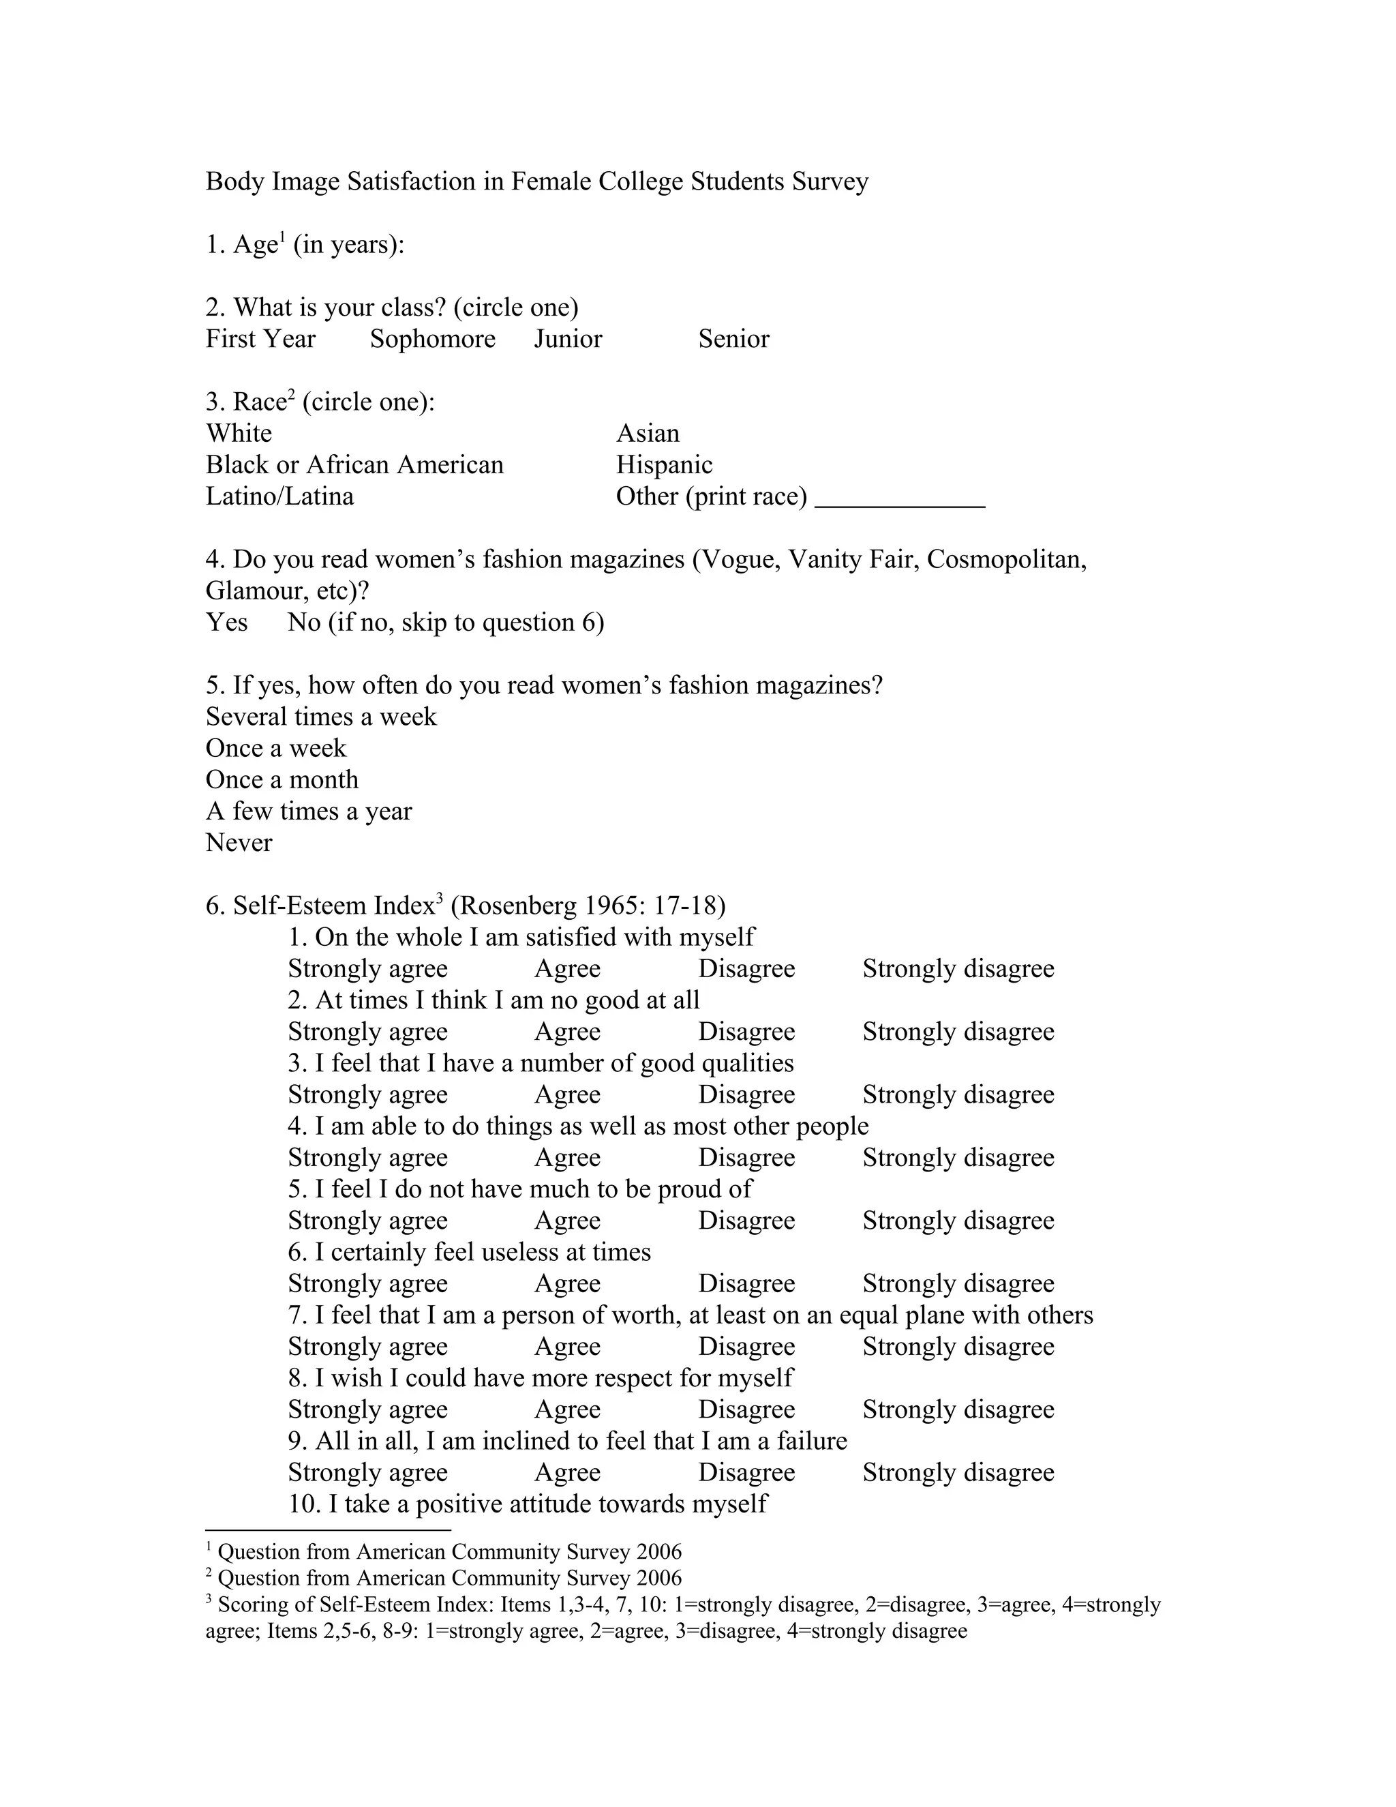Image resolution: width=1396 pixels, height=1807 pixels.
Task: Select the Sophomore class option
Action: (x=433, y=339)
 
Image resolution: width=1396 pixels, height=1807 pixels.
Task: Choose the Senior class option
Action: (x=733, y=339)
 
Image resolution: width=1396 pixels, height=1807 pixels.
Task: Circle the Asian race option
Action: (x=648, y=434)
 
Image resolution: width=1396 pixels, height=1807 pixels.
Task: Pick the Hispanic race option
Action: (x=664, y=465)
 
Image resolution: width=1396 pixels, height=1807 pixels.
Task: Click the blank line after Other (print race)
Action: (x=900, y=500)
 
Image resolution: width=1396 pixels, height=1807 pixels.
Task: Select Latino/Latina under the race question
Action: (x=279, y=496)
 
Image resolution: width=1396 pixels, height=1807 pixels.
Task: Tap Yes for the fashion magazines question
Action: (x=226, y=622)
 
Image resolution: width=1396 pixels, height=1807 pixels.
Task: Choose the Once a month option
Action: (x=282, y=779)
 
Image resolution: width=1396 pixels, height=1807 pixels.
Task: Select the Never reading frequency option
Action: (x=239, y=842)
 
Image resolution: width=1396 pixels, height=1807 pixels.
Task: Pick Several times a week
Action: (x=321, y=717)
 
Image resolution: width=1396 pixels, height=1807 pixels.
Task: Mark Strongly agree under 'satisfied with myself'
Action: (x=368, y=968)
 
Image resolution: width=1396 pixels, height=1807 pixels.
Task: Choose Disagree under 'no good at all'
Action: (x=746, y=1032)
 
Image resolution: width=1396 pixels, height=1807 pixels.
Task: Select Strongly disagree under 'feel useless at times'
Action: (x=958, y=1283)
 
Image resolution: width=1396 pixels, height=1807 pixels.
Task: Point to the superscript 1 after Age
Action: (x=282, y=238)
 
